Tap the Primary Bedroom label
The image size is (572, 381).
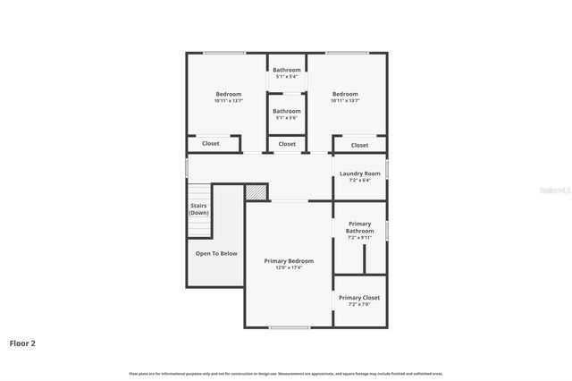coord(289,261)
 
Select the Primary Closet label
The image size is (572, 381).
coord(358,298)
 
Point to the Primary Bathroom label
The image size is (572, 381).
coord(359,227)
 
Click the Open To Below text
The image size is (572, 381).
coord(216,253)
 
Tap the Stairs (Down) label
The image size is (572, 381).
coord(198,209)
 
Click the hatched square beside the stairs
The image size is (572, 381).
coord(257,192)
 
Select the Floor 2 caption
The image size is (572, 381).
coord(23,343)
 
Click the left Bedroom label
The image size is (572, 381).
coord(228,94)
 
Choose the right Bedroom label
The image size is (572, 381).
coord(345,94)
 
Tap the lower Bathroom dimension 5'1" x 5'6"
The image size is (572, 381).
coord(287,118)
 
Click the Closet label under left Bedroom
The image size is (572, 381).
coord(211,143)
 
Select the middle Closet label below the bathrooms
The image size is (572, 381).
coord(287,143)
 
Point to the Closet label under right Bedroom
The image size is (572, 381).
coord(359,145)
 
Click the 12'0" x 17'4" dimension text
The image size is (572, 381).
coord(289,267)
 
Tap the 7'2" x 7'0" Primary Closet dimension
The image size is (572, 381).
coord(358,304)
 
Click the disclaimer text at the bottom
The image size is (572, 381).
coord(286,373)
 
